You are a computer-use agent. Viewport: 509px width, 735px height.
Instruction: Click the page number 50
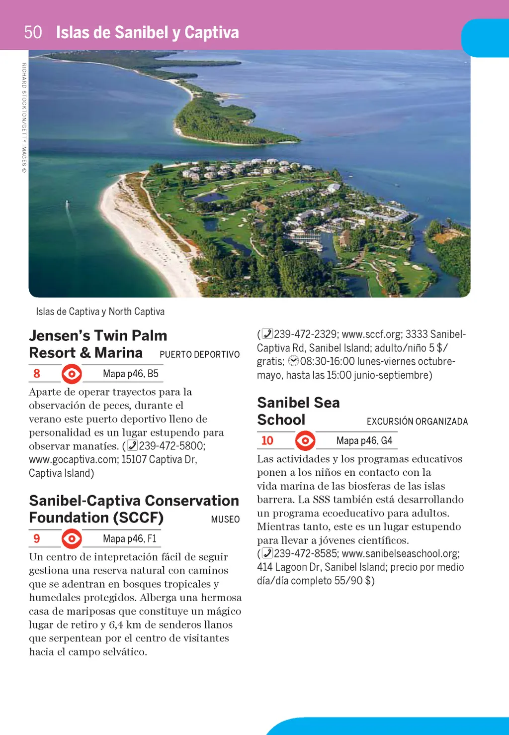coord(33,32)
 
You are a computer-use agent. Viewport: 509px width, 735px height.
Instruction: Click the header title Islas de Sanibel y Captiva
coord(147,32)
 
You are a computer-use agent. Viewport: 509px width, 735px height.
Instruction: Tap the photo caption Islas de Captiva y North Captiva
coord(100,312)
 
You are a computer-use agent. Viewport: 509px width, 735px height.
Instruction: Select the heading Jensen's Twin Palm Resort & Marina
coord(98,344)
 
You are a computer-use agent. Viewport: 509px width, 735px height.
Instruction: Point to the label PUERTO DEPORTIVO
coord(199,354)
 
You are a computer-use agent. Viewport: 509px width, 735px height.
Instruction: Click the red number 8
coord(37,374)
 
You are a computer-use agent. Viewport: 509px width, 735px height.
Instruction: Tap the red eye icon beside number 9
coord(72,538)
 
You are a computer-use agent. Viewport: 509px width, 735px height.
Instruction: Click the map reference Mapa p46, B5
coord(130,374)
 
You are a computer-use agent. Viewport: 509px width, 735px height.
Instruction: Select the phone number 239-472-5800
coord(171,446)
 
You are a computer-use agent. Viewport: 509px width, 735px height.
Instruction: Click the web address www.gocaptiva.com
coord(73,459)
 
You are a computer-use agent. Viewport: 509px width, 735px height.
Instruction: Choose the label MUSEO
coord(225,520)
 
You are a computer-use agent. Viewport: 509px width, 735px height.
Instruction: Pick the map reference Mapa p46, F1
coord(129,538)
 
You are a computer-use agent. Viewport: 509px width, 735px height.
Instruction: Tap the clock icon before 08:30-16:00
coord(294,361)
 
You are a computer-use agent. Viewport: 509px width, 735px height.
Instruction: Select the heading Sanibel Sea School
coord(298,411)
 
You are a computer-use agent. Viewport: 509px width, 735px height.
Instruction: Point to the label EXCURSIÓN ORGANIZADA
coord(417,421)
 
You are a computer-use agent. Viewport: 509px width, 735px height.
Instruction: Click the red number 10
coord(267,440)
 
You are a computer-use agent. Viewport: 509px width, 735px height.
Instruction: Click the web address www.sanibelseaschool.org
coord(400,553)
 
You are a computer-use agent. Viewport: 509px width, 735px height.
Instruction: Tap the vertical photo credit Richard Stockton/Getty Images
coord(24,117)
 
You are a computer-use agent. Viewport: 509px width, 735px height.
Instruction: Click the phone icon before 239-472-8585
coord(267,553)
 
